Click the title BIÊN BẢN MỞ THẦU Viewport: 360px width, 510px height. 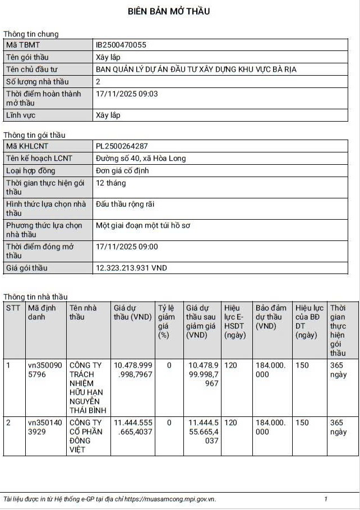click(x=169, y=11)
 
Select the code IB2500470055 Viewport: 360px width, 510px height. click(x=121, y=45)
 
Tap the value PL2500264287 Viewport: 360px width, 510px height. click(x=122, y=146)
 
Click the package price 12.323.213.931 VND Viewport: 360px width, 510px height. click(x=131, y=268)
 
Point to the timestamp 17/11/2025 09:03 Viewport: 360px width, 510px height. click(x=127, y=94)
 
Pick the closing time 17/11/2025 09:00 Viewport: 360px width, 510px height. click(x=127, y=247)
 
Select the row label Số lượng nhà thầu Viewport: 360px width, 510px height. click(x=37, y=82)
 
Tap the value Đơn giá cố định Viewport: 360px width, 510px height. click(x=122, y=170)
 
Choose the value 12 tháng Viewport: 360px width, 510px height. click(x=111, y=183)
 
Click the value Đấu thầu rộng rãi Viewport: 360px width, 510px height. click(x=124, y=205)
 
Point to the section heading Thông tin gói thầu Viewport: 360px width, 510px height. click(x=34, y=135)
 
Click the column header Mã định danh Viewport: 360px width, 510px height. click(x=42, y=312)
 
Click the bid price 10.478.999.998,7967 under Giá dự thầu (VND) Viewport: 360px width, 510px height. click(x=133, y=369)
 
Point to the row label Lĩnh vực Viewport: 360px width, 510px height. click(x=20, y=115)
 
